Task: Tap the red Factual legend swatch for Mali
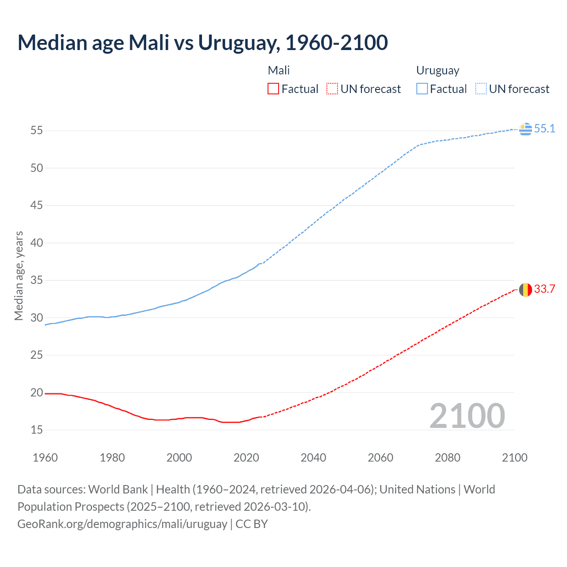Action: tap(273, 89)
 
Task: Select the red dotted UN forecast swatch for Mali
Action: tap(332, 89)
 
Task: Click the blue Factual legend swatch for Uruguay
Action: tap(422, 89)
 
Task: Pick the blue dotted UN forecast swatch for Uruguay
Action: tap(481, 89)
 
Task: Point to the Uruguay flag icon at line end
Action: tap(525, 129)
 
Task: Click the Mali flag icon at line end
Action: tap(525, 290)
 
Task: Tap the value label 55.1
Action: tap(544, 129)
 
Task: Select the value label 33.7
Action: tap(544, 289)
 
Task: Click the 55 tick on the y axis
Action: tap(37, 131)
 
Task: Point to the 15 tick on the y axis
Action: tap(37, 430)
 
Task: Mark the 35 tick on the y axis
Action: tap(37, 280)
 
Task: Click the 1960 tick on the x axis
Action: tap(45, 458)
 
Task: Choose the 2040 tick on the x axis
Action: tap(313, 458)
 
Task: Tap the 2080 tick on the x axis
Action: tap(447, 458)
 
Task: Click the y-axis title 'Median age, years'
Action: tap(19, 276)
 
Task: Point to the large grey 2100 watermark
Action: tap(467, 416)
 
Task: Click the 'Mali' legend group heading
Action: tap(279, 70)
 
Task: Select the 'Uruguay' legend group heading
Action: tap(438, 70)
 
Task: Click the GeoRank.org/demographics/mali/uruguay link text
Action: tap(122, 524)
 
